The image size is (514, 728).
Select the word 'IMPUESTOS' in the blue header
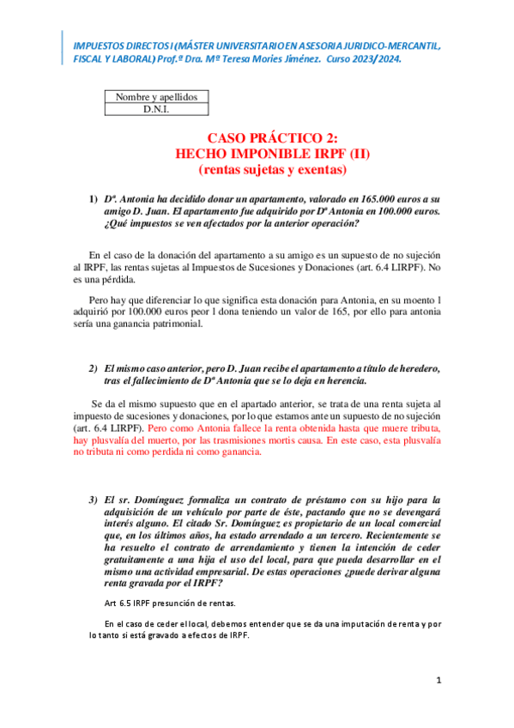[97, 45]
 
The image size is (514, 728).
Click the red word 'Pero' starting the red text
[160, 427]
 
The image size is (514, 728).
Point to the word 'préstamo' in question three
[348, 499]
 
